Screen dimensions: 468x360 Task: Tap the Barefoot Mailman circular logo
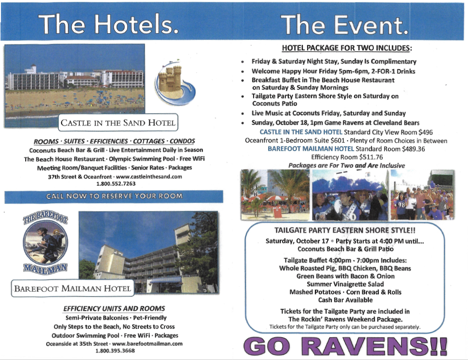[46, 242]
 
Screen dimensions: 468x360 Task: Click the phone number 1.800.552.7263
[116, 184]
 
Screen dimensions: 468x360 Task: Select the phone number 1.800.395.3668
[115, 351]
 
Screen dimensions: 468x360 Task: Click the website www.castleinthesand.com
[149, 177]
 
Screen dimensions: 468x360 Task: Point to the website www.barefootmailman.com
[147, 343]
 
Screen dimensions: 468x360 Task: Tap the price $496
[426, 132]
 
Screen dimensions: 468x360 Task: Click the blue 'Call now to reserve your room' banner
[114, 196]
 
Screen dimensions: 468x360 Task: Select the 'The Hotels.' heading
[109, 25]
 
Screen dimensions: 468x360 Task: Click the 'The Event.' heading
[344, 25]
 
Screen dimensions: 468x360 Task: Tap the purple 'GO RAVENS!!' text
[345, 346]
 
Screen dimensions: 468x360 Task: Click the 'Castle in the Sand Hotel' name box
[118, 123]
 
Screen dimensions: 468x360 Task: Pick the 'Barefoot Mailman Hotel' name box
[73, 288]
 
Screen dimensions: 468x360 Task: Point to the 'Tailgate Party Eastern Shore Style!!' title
[345, 230]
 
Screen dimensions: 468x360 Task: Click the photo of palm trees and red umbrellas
[275, 195]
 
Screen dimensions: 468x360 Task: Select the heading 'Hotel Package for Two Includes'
[346, 48]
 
